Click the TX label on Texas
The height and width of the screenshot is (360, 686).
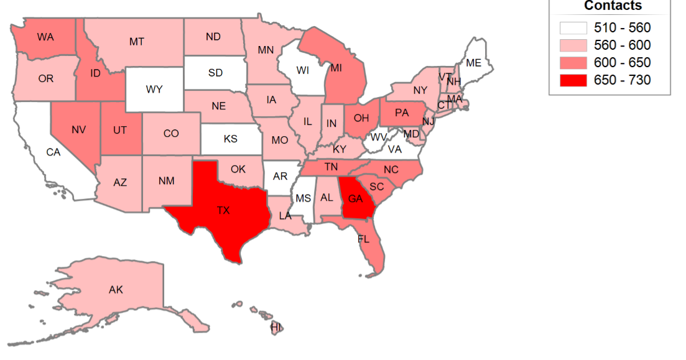point(223,211)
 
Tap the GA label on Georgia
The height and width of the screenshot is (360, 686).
point(356,199)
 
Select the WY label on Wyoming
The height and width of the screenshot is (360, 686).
point(154,90)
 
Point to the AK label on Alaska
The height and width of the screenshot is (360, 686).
point(116,290)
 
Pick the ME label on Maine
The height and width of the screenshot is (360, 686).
point(473,63)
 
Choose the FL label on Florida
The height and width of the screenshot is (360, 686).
point(364,239)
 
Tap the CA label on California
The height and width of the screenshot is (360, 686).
point(53,152)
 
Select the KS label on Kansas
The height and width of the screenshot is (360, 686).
point(230,139)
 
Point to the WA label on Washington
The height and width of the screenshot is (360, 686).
point(45,37)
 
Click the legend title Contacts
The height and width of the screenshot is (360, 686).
point(613,6)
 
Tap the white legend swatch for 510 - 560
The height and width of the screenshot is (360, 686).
point(572,28)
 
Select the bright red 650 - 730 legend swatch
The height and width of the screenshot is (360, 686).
point(572,80)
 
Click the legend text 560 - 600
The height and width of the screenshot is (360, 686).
point(623,45)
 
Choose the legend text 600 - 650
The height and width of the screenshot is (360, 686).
point(623,63)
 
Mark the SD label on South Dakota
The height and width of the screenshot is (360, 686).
point(215,73)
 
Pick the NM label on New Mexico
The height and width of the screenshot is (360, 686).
point(166,181)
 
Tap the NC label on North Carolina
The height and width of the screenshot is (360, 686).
point(391,169)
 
